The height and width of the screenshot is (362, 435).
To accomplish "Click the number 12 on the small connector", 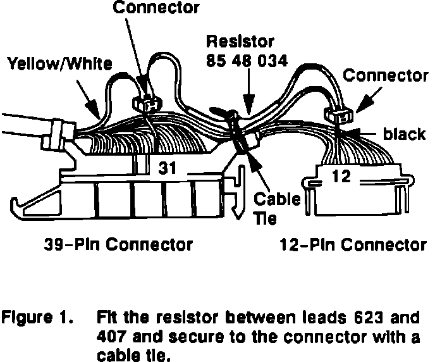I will click(341, 177).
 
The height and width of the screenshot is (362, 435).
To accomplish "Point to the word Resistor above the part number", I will click(241, 43).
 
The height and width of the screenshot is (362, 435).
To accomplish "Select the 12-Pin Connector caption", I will click(352, 244).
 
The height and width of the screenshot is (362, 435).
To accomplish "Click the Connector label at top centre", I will click(155, 8).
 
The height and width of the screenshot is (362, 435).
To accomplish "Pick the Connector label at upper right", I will click(385, 76).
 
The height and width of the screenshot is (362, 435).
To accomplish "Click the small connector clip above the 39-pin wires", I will click(145, 103).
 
